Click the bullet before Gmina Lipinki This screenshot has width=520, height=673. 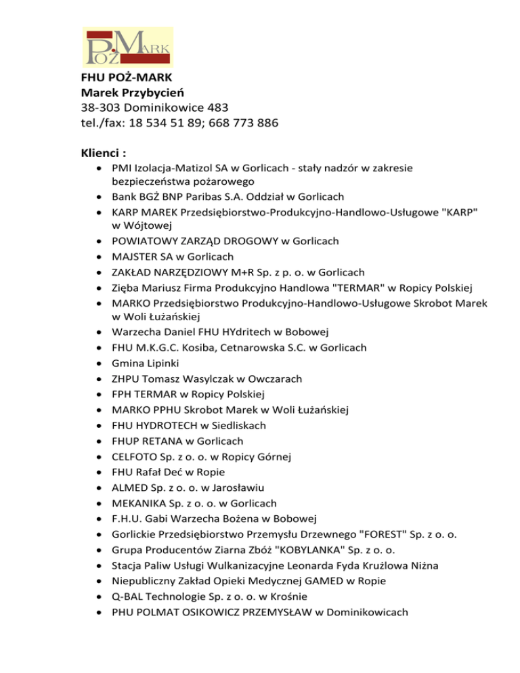click(x=100, y=364)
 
